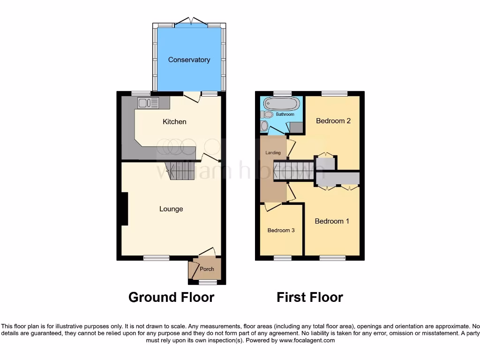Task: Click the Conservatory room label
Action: pyautogui.click(x=189, y=60)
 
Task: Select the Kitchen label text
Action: pyautogui.click(x=174, y=122)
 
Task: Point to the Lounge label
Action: pyautogui.click(x=171, y=209)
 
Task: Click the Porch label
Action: pyautogui.click(x=207, y=269)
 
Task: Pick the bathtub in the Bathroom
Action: pyautogui.click(x=282, y=103)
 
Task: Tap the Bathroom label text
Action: pyautogui.click(x=285, y=114)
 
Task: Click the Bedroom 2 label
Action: pyautogui.click(x=333, y=121)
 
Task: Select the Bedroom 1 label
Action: pyautogui.click(x=332, y=221)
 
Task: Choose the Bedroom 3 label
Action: pyautogui.click(x=281, y=231)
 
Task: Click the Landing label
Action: pyautogui.click(x=273, y=153)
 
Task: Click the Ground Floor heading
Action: pyautogui.click(x=171, y=297)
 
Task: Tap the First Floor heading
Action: pyautogui.click(x=310, y=297)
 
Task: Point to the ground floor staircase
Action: pyautogui.click(x=180, y=170)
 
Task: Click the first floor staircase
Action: pyautogui.click(x=293, y=170)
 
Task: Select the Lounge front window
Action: pyautogui.click(x=157, y=258)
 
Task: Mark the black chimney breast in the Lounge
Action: pyautogui.click(x=124, y=209)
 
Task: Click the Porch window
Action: pyautogui.click(x=207, y=282)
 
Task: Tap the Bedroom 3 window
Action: pyautogui.click(x=282, y=258)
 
